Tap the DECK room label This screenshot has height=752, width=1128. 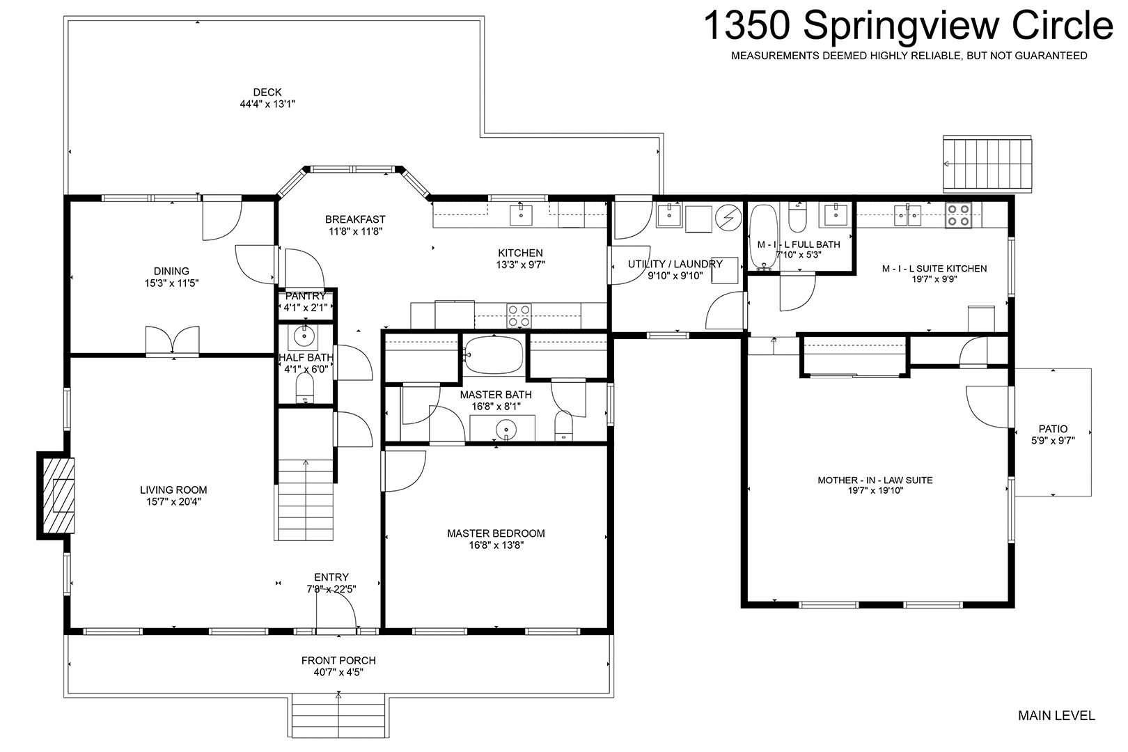(267, 92)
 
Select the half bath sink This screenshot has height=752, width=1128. (304, 336)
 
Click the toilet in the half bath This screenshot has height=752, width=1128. (305, 391)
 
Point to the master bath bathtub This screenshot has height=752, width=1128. (494, 355)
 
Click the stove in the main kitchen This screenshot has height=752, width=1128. (519, 316)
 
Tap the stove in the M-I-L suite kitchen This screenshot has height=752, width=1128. (958, 215)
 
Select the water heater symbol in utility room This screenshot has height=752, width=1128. (728, 217)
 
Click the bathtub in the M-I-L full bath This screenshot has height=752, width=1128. (764, 237)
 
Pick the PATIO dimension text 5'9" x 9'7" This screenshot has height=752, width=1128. (1053, 441)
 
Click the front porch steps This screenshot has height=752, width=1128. (338, 716)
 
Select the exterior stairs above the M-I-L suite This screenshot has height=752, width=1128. (987, 163)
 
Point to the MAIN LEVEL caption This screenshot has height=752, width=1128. (1056, 715)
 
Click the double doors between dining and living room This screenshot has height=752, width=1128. (172, 341)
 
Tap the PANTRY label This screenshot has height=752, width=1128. (306, 296)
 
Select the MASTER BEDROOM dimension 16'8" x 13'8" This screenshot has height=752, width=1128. (496, 545)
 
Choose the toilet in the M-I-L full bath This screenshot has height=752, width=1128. (797, 217)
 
